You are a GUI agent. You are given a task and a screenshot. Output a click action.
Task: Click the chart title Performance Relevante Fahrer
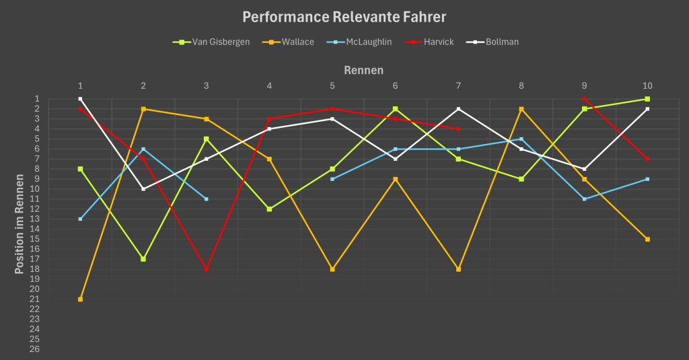click(344, 17)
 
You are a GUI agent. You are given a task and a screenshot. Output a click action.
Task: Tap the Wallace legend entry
click(297, 42)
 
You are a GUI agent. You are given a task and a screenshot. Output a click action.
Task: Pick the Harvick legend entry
click(438, 42)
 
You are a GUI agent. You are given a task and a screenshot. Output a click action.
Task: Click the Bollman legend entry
click(501, 42)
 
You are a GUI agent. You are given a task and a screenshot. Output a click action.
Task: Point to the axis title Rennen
click(363, 70)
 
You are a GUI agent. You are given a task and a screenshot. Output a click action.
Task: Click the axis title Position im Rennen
click(20, 224)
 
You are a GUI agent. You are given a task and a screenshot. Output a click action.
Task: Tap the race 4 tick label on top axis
click(269, 85)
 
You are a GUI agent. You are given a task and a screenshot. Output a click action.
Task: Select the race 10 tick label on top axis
click(647, 85)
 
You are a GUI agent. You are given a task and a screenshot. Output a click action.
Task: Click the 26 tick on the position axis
click(35, 349)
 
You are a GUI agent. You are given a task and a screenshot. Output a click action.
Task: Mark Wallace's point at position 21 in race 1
click(80, 299)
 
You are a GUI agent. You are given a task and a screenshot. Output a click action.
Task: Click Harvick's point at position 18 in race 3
click(206, 269)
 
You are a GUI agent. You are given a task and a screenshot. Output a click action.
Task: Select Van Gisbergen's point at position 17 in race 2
click(143, 259)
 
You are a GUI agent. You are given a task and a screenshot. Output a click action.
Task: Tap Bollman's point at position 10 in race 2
click(143, 189)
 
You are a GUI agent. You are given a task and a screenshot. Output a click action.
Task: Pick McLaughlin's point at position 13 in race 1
click(80, 219)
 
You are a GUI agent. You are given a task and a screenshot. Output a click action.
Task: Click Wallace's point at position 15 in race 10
click(647, 239)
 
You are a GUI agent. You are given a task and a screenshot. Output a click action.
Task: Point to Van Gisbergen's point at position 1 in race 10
click(647, 99)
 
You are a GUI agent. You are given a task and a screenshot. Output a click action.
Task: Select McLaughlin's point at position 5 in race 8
click(521, 139)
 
